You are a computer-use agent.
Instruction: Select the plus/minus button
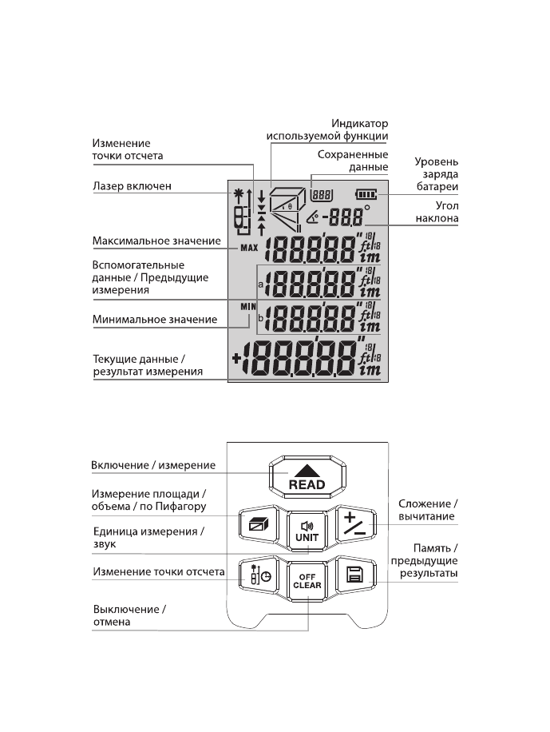pyautogui.click(x=351, y=523)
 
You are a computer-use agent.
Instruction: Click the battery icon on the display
pyautogui.click(x=366, y=193)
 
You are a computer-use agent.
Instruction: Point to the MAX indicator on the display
pyautogui.click(x=249, y=248)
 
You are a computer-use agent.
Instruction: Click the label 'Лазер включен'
pyautogui.click(x=134, y=186)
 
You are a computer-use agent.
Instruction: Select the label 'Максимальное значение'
pyautogui.click(x=155, y=240)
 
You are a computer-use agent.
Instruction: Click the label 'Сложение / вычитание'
pyautogui.click(x=428, y=510)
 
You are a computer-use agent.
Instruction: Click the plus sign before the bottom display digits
pyautogui.click(x=237, y=358)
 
